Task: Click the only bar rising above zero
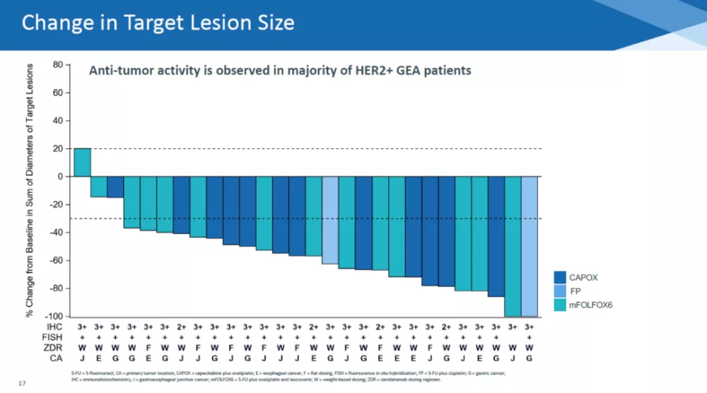pos(82,163)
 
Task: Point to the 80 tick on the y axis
pos(58,65)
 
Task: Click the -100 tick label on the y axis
pos(54,316)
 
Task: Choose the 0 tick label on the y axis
pos(60,177)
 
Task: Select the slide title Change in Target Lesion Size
pos(158,23)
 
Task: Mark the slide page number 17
pos(22,384)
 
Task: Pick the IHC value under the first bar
pos(82,327)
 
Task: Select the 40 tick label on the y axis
pos(58,121)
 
